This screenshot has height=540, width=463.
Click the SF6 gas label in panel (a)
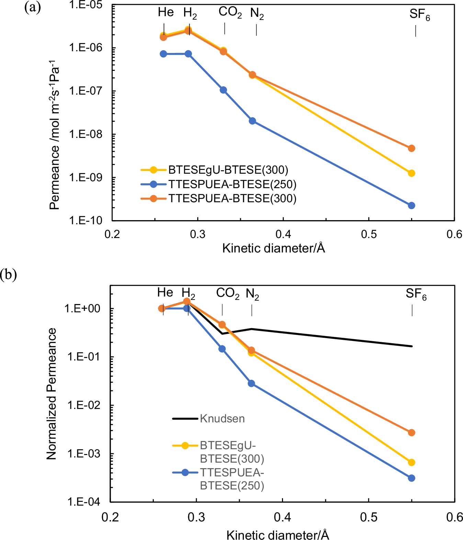pyautogui.click(x=419, y=14)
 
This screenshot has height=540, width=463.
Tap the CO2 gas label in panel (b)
pyautogui.click(x=227, y=293)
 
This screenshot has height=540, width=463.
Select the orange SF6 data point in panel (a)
pyautogui.click(x=411, y=148)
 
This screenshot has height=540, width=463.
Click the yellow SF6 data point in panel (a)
pyautogui.click(x=411, y=173)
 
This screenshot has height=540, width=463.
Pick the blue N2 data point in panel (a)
pyautogui.click(x=252, y=121)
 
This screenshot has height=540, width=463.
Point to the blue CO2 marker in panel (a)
pyautogui.click(x=223, y=90)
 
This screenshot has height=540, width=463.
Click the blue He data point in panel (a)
pyautogui.click(x=163, y=54)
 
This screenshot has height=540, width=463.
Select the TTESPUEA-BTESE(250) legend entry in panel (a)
pyautogui.click(x=218, y=184)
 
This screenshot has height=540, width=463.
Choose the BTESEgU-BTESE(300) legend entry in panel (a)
pyautogui.click(x=214, y=170)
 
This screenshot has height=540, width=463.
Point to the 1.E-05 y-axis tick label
pyautogui.click(x=85, y=5)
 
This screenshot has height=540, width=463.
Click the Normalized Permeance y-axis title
pyautogui.click(x=52, y=394)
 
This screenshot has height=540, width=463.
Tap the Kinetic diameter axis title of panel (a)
pyautogui.click(x=274, y=248)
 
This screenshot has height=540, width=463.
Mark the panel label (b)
pyautogui.click(x=8, y=274)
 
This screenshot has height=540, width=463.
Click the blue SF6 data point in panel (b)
pyautogui.click(x=411, y=478)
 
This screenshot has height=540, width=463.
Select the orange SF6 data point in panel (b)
pyautogui.click(x=411, y=433)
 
